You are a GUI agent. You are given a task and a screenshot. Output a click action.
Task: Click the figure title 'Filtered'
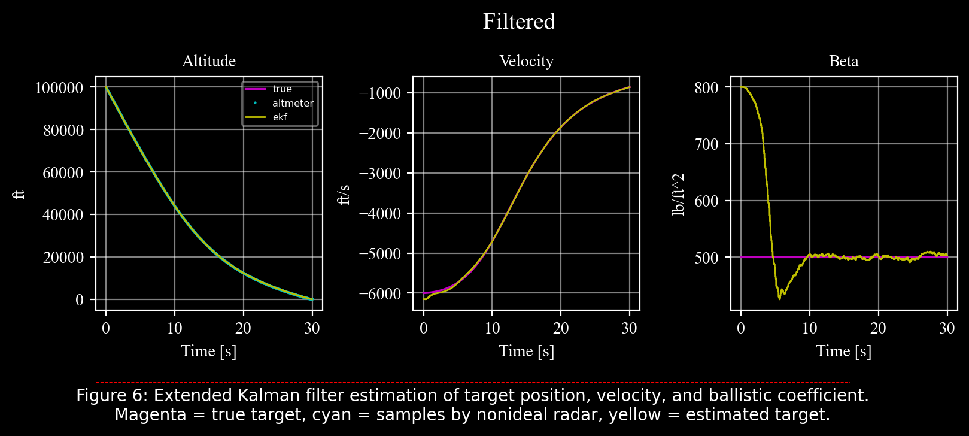pyautogui.click(x=519, y=22)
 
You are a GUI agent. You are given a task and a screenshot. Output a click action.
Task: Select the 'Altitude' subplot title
pyautogui.click(x=209, y=61)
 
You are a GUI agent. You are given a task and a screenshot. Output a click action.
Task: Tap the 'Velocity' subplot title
pyautogui.click(x=526, y=61)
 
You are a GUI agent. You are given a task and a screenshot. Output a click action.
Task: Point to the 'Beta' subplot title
pyautogui.click(x=843, y=61)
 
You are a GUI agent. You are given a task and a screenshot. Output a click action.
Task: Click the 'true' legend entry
pyautogui.click(x=282, y=89)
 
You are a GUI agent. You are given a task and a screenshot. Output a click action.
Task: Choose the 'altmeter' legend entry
pyautogui.click(x=293, y=103)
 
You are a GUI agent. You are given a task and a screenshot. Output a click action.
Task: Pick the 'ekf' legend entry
pyautogui.click(x=280, y=117)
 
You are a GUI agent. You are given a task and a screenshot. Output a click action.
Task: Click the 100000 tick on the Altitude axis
pyautogui.click(x=59, y=87)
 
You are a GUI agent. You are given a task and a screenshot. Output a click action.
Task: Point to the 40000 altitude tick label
pyautogui.click(x=63, y=215)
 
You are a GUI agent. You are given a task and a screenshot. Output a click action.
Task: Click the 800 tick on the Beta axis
pyautogui.click(x=706, y=87)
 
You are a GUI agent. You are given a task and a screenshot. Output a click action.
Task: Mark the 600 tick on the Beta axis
pyautogui.click(x=706, y=201)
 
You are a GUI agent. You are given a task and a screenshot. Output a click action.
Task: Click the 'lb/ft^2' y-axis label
pyautogui.click(x=678, y=194)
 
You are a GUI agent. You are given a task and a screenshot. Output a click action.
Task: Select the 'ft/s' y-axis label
pyautogui.click(x=344, y=194)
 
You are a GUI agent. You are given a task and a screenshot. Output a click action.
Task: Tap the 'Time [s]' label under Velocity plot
pyautogui.click(x=526, y=351)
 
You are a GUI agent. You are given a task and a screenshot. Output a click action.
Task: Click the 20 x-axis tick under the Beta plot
pyautogui.click(x=878, y=328)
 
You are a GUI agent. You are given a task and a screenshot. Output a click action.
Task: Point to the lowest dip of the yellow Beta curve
pyautogui.click(x=779, y=298)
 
